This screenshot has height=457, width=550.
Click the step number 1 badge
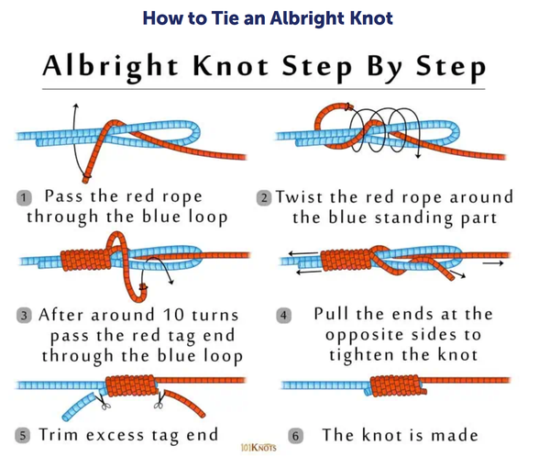(x=24, y=197)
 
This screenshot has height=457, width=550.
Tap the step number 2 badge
(x=264, y=198)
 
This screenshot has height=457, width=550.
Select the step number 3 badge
(x=24, y=315)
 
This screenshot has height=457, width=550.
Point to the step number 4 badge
(x=283, y=315)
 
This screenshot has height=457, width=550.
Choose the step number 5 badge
(x=22, y=436)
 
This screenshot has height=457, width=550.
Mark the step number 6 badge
(x=295, y=436)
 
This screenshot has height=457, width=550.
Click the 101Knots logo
(x=258, y=448)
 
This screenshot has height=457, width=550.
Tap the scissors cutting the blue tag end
(x=103, y=402)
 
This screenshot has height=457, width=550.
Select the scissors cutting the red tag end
(x=159, y=401)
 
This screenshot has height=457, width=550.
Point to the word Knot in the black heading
(x=231, y=66)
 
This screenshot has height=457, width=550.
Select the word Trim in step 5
(x=59, y=435)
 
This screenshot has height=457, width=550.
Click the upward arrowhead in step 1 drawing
(x=75, y=106)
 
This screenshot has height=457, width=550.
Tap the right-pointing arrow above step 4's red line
(x=493, y=263)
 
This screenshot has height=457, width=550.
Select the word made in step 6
(x=455, y=435)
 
